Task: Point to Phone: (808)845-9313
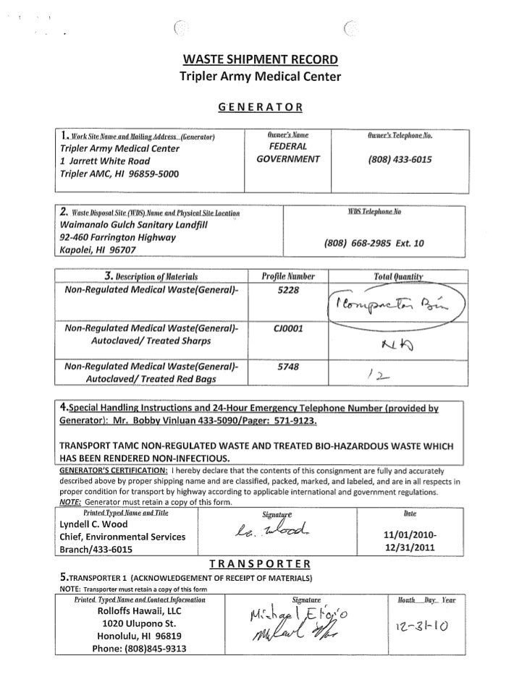click(x=140, y=647)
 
